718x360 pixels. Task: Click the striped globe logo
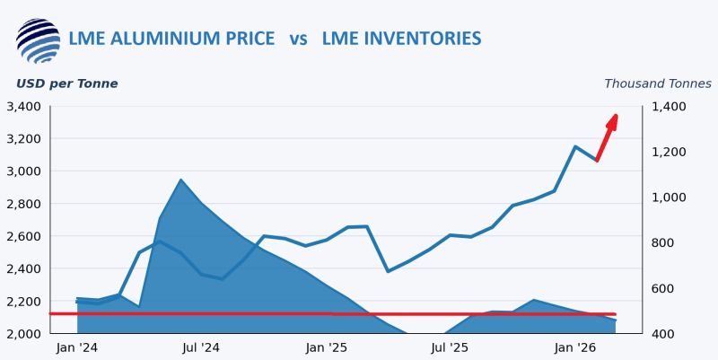pos(38,40)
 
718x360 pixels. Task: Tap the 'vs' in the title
pos(299,39)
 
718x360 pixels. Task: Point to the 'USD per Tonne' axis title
pos(66,83)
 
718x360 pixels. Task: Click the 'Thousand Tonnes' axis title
pos(657,83)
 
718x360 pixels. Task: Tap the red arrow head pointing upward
pos(614,119)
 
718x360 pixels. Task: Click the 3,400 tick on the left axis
pos(22,107)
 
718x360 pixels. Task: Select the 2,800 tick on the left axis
pos(22,204)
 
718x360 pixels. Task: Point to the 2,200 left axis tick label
pos(22,302)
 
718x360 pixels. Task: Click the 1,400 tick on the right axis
pos(669,107)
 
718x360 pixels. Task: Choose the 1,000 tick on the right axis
pos(669,198)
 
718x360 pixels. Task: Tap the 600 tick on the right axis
pos(665,288)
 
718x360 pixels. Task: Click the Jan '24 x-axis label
pos(77,347)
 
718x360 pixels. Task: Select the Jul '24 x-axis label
pos(201,347)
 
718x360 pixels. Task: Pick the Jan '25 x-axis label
pos(327,347)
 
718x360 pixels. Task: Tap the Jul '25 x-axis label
pos(451,347)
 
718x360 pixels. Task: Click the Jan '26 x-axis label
pos(575,347)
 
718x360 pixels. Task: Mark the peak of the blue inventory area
pos(180,180)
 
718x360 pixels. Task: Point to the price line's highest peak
pos(575,146)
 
